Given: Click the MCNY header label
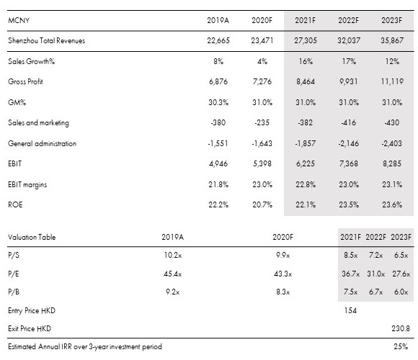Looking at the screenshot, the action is [19, 20].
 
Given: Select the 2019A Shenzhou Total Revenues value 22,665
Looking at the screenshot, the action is [218, 40].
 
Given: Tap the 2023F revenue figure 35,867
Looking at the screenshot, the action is [392, 40].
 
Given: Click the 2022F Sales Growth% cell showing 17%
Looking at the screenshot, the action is [349, 61].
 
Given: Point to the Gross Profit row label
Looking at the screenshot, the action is [25, 81].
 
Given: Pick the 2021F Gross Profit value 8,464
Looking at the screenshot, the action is [306, 81].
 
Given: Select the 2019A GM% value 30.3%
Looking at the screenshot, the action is [218, 102].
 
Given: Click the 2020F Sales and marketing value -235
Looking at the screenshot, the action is [262, 122].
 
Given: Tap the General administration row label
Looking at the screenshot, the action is [42, 143].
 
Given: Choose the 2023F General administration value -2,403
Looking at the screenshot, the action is [391, 143].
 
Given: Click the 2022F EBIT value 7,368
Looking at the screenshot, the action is [349, 163].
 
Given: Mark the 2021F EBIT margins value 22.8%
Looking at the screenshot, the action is [306, 184].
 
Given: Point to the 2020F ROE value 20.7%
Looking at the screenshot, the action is [262, 204].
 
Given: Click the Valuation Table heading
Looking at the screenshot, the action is [32, 237].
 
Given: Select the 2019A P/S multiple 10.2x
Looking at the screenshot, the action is [173, 255].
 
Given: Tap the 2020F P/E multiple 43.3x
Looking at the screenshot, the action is [283, 274].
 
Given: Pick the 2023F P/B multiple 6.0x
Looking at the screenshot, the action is [401, 292].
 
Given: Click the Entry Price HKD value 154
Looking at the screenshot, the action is [350, 310].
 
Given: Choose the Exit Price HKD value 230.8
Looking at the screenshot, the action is [401, 328].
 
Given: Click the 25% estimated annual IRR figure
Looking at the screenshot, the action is [401, 346].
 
